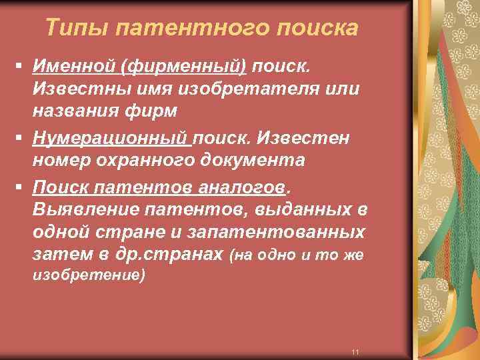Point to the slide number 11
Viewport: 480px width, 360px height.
[355, 351]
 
